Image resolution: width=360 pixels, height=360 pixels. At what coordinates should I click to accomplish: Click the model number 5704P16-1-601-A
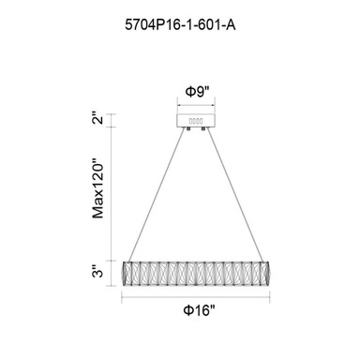180,25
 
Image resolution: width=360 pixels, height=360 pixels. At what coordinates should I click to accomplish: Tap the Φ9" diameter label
197,92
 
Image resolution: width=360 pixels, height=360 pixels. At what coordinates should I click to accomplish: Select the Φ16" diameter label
200,310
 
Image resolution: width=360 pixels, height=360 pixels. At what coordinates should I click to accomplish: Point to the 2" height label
98,120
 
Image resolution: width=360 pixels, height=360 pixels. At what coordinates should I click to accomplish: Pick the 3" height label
98,272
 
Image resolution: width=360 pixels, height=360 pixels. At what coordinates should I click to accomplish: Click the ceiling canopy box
196,121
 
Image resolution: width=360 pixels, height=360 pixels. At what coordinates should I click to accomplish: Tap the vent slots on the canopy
196,121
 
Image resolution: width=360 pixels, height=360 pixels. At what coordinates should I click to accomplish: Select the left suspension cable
157,195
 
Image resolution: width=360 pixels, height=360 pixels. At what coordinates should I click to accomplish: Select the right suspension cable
234,195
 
